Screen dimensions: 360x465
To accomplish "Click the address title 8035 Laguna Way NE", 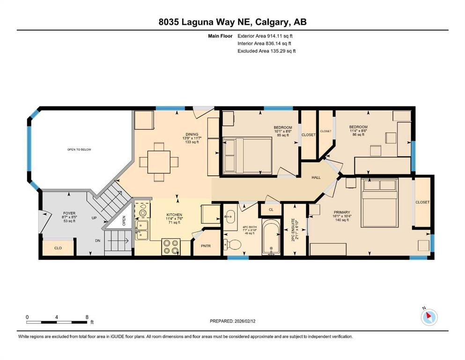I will pos(232,22).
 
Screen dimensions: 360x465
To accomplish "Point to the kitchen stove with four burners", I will pos(171,247).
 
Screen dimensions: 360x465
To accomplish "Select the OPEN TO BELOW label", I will pos(79,150).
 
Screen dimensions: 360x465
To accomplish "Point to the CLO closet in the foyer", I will pos(58,247).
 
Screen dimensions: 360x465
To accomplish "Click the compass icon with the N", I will pos(429,317).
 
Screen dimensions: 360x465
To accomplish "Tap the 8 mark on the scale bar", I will pos(87,317).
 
